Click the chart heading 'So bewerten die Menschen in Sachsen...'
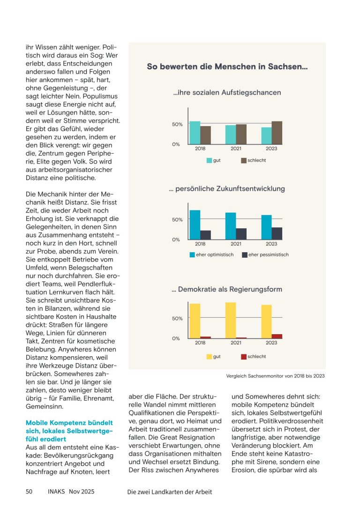[227, 67]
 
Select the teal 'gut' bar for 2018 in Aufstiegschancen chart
[195, 133]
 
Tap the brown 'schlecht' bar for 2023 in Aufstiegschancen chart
[277, 133]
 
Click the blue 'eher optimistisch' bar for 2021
[231, 226]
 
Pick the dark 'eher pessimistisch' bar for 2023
[277, 233]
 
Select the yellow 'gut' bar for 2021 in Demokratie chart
[231, 320]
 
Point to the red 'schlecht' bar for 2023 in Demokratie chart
[277, 336]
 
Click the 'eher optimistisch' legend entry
[211, 255]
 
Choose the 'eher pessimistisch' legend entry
[265, 255]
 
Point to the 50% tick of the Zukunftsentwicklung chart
[177, 219]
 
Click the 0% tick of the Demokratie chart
[176, 338]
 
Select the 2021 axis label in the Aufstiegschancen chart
[236, 149]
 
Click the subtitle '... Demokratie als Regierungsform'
[227, 289]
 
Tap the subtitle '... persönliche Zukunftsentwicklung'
[227, 189]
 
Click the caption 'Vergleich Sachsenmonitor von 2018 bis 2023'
[275, 376]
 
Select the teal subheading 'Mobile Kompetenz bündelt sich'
[69, 431]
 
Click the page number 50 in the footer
[29, 492]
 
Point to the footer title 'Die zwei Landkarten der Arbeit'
[169, 492]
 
